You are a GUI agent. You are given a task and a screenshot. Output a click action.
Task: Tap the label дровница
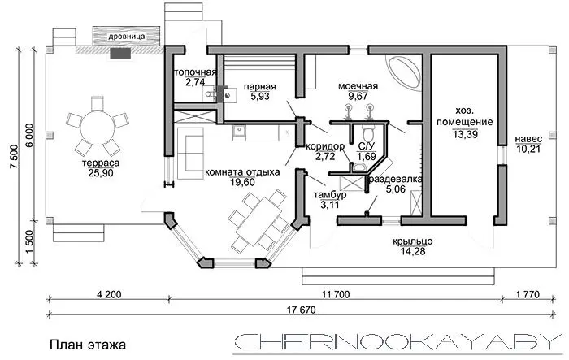(127, 37)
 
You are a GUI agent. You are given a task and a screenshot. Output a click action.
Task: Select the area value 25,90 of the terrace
(101, 173)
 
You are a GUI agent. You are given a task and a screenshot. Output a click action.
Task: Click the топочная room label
(195, 72)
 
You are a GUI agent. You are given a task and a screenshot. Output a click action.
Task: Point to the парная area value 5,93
(260, 96)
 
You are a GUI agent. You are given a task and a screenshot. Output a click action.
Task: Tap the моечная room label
(358, 86)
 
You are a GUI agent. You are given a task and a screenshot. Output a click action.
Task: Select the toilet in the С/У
(368, 133)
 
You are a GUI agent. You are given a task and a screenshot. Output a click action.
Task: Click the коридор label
(325, 146)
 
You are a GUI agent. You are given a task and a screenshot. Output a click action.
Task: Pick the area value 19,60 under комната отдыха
(242, 181)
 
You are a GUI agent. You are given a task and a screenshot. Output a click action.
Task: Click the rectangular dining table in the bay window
(258, 217)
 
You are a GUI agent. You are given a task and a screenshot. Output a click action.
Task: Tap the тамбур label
(330, 195)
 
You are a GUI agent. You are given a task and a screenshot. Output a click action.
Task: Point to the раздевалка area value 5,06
(396, 189)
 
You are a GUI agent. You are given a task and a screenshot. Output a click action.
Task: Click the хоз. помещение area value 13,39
(465, 134)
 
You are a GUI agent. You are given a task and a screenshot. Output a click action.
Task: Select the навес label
(528, 139)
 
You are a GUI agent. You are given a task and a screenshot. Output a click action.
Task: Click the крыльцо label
(413, 241)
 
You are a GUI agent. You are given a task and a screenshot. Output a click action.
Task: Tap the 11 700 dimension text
(336, 294)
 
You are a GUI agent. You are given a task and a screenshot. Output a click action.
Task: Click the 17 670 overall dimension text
(302, 310)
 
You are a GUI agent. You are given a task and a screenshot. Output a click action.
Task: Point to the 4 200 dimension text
(109, 294)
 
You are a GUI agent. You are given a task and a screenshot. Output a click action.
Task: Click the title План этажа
(88, 345)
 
